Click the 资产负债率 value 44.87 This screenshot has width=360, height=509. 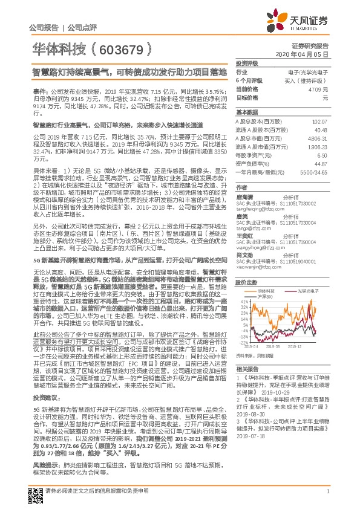tap(320, 163)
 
